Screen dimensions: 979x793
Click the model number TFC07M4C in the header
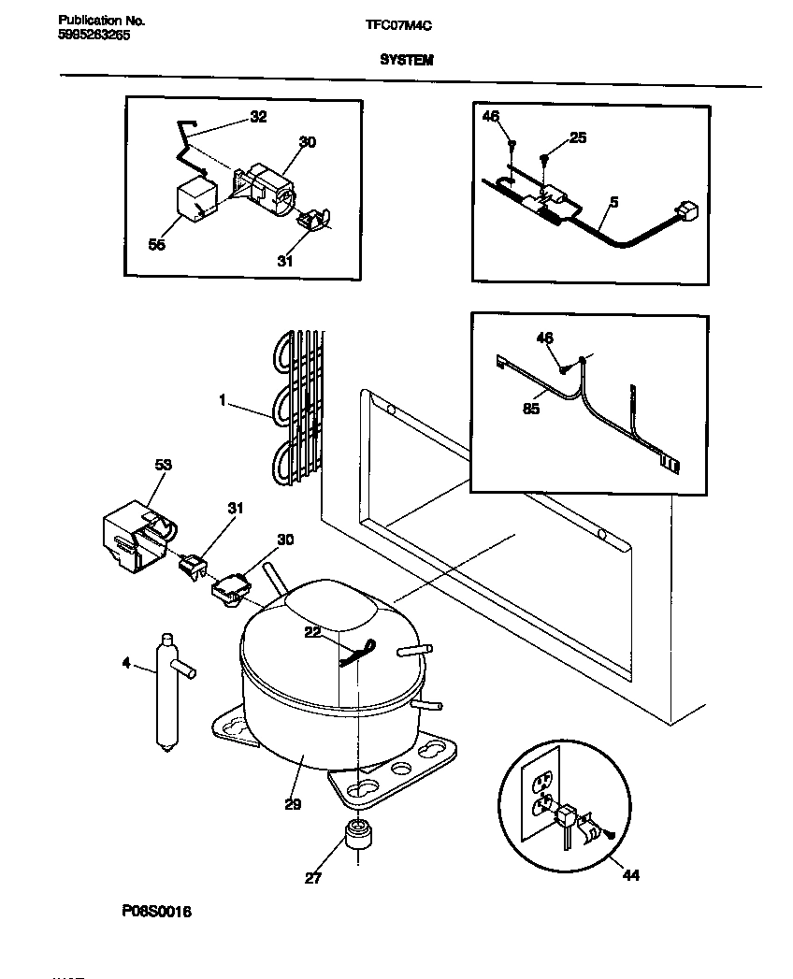coord(396,27)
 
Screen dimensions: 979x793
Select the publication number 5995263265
coord(94,36)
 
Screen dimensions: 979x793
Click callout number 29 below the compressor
coord(294,802)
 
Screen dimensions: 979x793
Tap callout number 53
coord(163,465)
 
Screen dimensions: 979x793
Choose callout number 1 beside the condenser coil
coord(223,401)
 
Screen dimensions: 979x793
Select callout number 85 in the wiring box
coord(531,409)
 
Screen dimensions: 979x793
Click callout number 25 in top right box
coord(578,138)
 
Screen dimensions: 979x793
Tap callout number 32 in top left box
coord(257,117)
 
